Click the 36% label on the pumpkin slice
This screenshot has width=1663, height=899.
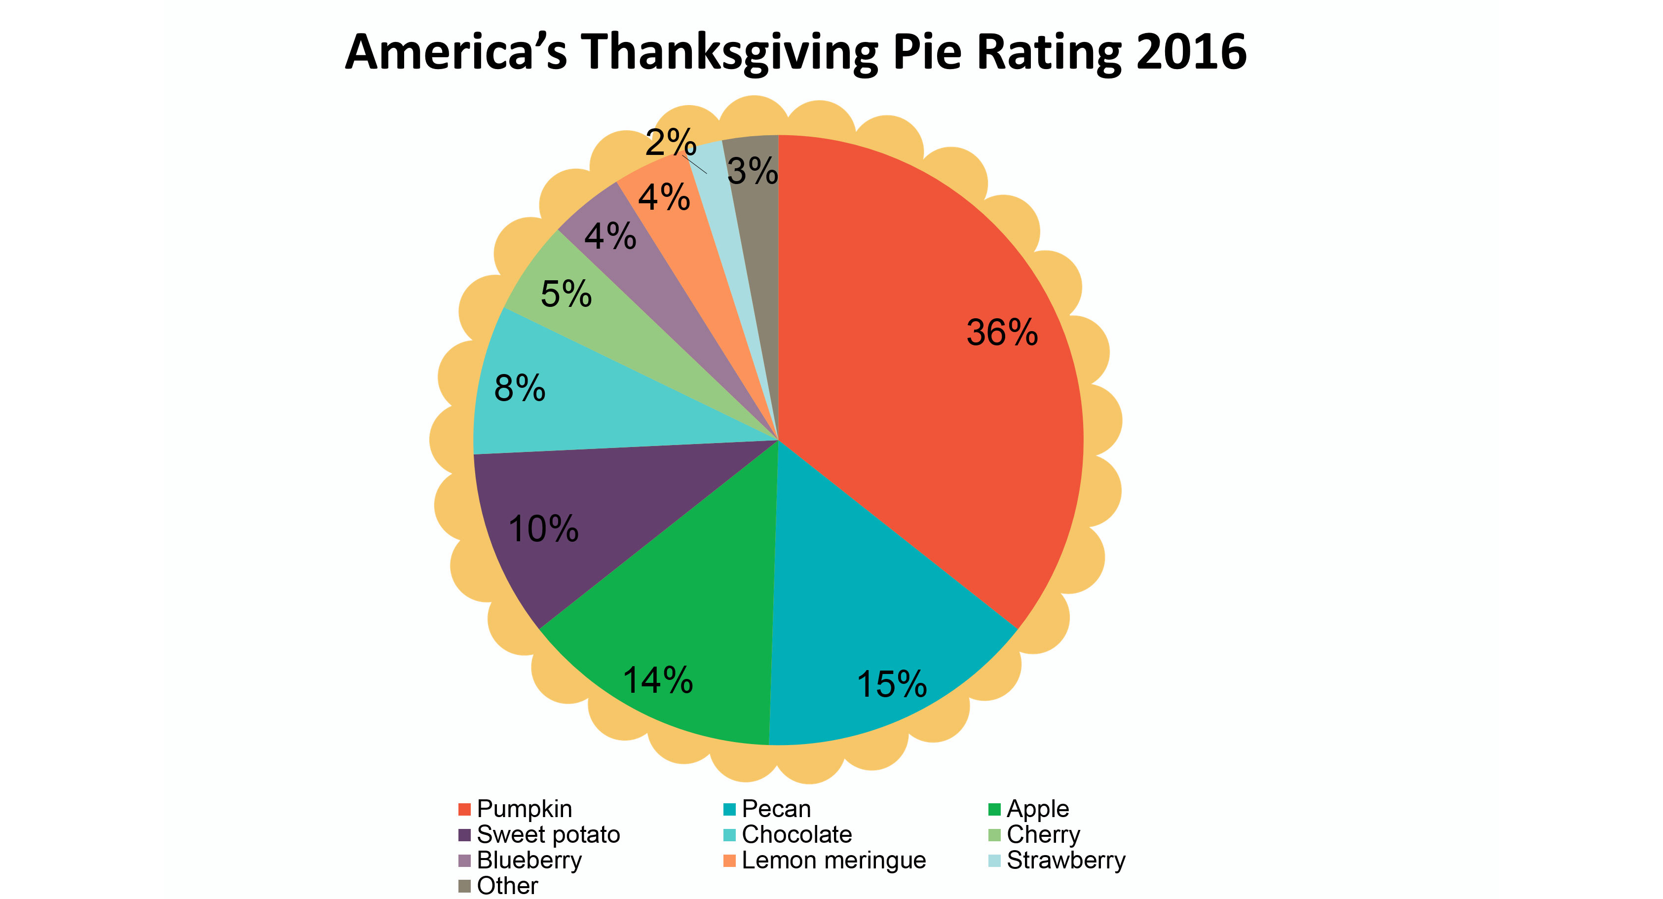point(1001,333)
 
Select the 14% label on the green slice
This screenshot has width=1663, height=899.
point(657,680)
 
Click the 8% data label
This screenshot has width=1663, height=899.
point(520,388)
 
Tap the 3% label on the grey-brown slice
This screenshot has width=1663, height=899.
point(752,171)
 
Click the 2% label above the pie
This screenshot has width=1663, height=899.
point(671,142)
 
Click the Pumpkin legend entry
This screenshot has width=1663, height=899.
point(524,809)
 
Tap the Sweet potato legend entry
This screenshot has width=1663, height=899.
point(547,834)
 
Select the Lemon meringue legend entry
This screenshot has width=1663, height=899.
point(833,861)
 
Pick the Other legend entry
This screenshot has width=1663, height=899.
point(507,886)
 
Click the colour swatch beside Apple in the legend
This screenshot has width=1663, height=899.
point(994,809)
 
